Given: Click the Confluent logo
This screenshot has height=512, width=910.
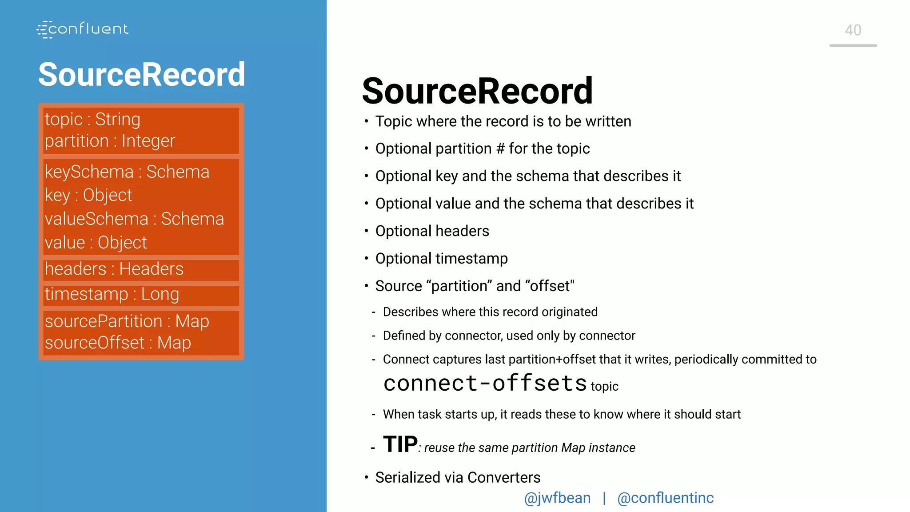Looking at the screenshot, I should click(x=83, y=29).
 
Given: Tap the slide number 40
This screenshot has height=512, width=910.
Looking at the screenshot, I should click(x=853, y=30).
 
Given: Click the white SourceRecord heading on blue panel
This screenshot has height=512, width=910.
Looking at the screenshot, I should click(x=142, y=74).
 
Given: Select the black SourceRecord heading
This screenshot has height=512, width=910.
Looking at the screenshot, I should click(x=477, y=91).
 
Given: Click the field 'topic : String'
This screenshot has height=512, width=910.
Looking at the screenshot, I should click(x=92, y=120).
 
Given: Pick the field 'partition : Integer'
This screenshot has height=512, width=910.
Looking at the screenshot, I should click(x=110, y=141).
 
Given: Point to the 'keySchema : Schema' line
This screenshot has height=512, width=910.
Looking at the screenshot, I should click(x=127, y=172).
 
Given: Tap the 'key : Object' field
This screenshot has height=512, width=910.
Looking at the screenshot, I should click(x=88, y=196).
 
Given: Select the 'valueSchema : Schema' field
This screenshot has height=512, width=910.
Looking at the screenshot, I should click(x=134, y=219).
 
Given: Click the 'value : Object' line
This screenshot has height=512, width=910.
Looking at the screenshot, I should click(x=96, y=243).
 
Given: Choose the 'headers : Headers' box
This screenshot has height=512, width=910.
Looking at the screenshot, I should click(x=114, y=269).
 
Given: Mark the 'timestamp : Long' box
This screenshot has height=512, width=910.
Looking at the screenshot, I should click(x=112, y=294).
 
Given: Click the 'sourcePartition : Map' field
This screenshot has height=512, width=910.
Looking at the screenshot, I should click(x=127, y=321).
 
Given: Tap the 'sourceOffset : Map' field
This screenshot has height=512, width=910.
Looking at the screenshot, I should click(x=118, y=343).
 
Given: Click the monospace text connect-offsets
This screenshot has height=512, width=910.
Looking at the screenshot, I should click(x=485, y=384).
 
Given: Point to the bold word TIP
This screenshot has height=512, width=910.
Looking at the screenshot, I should click(x=400, y=444).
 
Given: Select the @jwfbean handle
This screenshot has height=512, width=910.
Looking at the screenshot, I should click(x=557, y=498).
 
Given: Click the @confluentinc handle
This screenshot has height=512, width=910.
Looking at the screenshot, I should click(x=665, y=498).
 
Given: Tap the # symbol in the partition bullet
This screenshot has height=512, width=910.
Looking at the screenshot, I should click(x=500, y=149).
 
